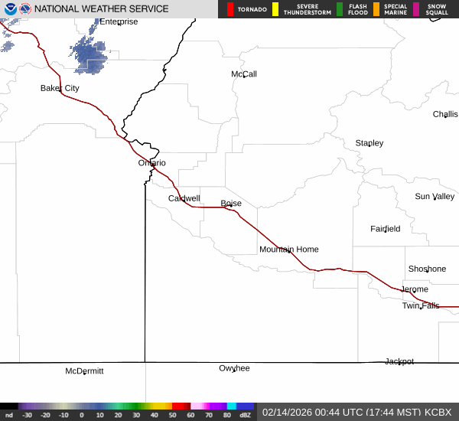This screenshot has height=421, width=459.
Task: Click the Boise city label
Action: pyautogui.click(x=231, y=204)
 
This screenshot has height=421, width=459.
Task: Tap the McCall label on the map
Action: pyautogui.click(x=244, y=74)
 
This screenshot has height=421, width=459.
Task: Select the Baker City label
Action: pyautogui.click(x=60, y=89)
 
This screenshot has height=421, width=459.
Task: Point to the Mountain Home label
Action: pyautogui.click(x=288, y=250)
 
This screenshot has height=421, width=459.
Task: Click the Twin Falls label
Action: pyautogui.click(x=421, y=306)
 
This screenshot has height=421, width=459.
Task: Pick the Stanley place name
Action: pyautogui.click(x=369, y=143)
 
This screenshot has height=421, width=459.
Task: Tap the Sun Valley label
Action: pyautogui.click(x=435, y=197)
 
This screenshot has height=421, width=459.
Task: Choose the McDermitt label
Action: pyautogui.click(x=84, y=371)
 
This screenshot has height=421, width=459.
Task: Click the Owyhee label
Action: pyautogui.click(x=234, y=368)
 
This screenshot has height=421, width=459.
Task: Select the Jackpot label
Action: pyautogui.click(x=399, y=361)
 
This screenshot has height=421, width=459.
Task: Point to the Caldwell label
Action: pyautogui.click(x=184, y=199)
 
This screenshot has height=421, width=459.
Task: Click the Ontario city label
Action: pyautogui.click(x=151, y=163)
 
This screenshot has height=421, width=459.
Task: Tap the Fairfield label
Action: pyautogui.click(x=385, y=229)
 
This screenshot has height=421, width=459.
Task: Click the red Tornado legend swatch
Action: pyautogui.click(x=230, y=9)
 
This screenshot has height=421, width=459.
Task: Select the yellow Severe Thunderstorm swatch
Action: pyautogui.click(x=275, y=9)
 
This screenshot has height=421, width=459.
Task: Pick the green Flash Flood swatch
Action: pyautogui.click(x=340, y=9)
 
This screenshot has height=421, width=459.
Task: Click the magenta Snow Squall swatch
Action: pyautogui.click(x=417, y=9)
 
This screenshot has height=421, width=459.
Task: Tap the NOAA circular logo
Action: pyautogui.click(x=8, y=9)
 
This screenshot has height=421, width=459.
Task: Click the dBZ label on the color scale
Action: pyautogui.click(x=245, y=415)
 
